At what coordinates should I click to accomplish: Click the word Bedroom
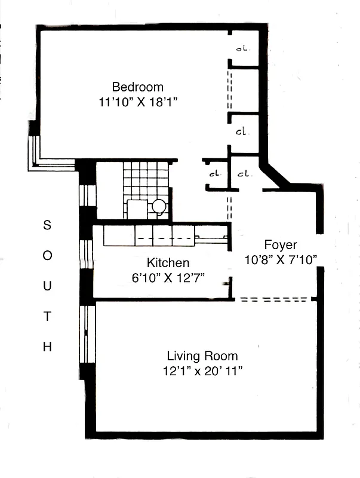137,87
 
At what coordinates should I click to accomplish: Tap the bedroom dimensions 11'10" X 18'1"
138,102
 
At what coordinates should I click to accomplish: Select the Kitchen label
168,263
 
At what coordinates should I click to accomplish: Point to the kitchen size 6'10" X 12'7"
168,278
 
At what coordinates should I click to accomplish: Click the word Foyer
280,245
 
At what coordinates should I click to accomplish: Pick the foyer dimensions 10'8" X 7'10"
280,259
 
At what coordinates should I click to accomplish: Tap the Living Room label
202,356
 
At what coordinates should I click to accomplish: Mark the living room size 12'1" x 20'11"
202,371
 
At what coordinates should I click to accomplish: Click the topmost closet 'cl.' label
242,48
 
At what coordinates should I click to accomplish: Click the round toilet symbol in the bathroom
159,207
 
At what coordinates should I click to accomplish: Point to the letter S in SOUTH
47,225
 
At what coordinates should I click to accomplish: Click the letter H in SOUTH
47,347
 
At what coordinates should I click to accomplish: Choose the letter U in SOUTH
47,286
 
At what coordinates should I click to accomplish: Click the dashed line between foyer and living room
275,299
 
